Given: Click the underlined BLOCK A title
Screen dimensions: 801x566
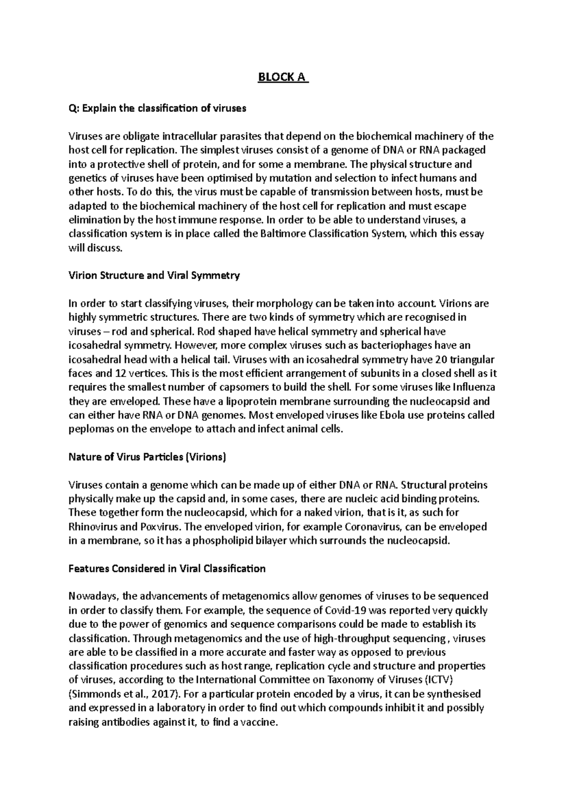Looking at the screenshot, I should [282, 77].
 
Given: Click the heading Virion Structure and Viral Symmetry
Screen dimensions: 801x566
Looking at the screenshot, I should [154, 275].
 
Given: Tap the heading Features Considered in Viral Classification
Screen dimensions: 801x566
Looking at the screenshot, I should [167, 568].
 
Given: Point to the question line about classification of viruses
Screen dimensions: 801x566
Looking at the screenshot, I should [158, 108].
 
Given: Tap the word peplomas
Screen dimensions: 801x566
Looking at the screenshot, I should [91, 429].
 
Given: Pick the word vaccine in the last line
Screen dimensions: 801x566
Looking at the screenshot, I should [257, 722].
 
